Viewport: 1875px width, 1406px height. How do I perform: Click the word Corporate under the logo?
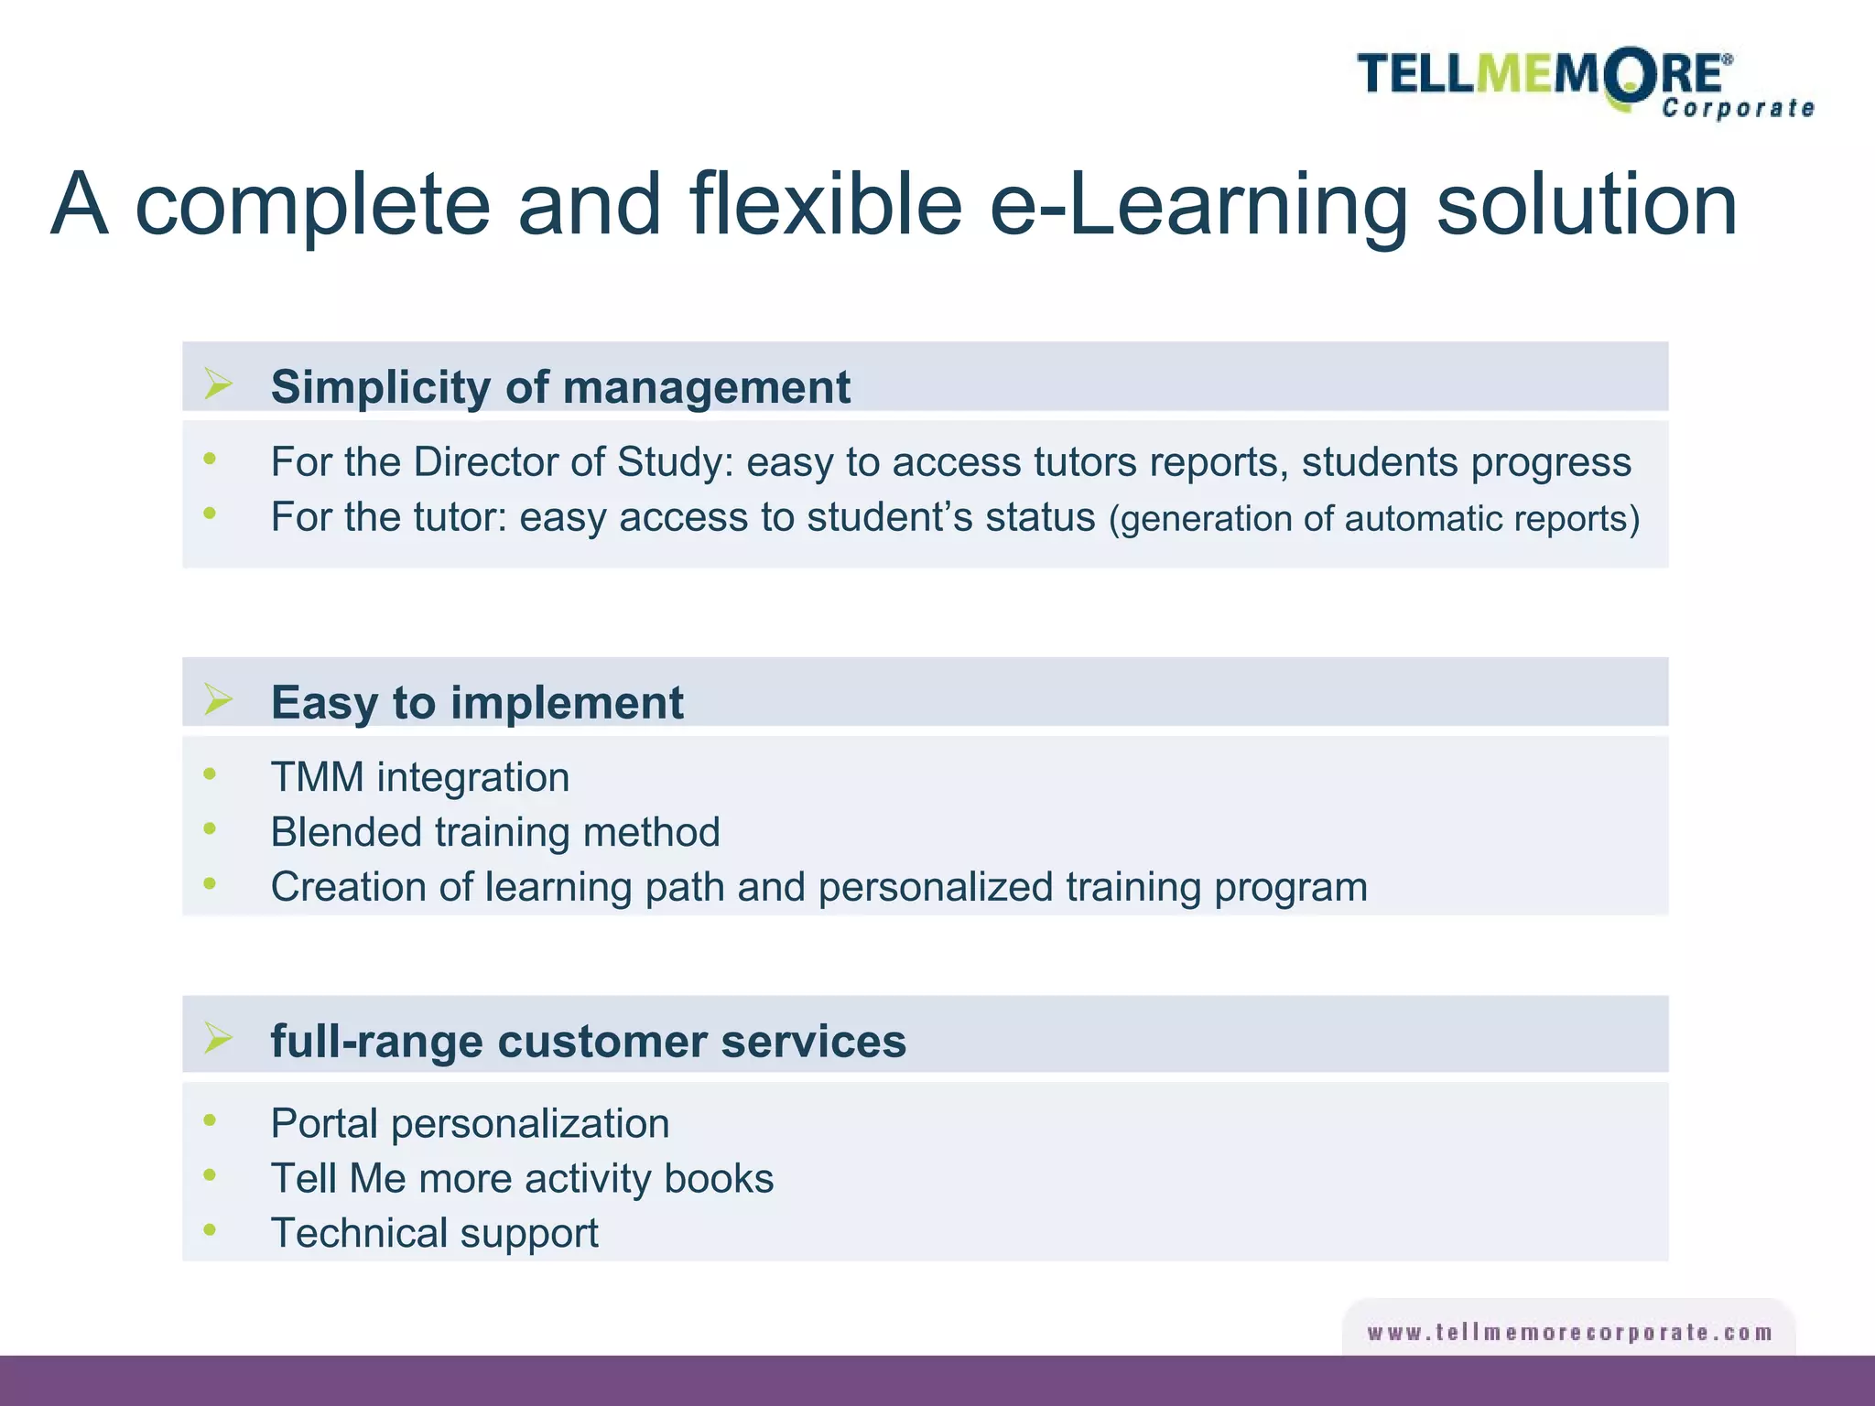[x=1738, y=109]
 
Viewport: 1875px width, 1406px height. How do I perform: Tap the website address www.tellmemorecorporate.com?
[x=1569, y=1333]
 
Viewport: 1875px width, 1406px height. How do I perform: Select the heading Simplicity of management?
[x=560, y=387]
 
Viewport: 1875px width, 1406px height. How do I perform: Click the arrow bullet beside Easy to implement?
[x=218, y=699]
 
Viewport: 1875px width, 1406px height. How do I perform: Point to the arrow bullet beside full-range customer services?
[x=218, y=1038]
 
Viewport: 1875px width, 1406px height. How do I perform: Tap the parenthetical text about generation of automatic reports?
[x=1373, y=519]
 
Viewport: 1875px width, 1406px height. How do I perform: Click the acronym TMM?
[x=317, y=778]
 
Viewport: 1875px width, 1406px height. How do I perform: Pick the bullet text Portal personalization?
[x=470, y=1124]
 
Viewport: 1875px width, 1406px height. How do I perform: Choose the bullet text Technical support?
[x=434, y=1234]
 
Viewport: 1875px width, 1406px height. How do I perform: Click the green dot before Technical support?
[x=210, y=1229]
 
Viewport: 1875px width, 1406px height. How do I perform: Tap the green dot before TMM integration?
[x=210, y=774]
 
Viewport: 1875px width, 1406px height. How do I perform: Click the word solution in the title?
[x=1586, y=205]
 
